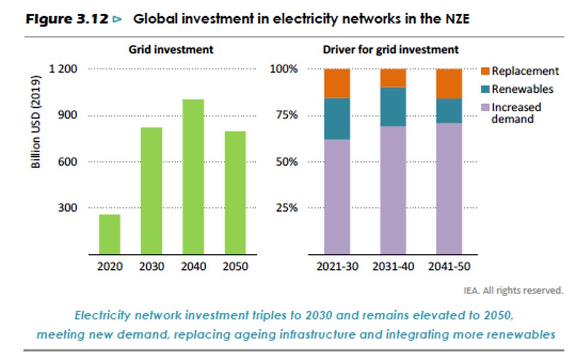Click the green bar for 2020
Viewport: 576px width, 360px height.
pyautogui.click(x=109, y=234)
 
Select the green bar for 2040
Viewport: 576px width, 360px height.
pyautogui.click(x=193, y=176)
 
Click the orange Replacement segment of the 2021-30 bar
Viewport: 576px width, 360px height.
pyautogui.click(x=337, y=83)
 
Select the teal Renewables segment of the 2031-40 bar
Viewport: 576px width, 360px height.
pyautogui.click(x=393, y=106)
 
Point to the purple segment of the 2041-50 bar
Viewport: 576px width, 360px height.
pyautogui.click(x=449, y=188)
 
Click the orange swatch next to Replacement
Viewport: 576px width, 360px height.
pyautogui.click(x=485, y=71)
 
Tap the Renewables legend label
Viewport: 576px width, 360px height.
pyautogui.click(x=522, y=89)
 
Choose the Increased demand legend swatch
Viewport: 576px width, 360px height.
pyautogui.click(x=485, y=108)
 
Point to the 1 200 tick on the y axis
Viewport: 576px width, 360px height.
pyautogui.click(x=63, y=69)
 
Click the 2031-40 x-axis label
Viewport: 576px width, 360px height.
pyautogui.click(x=393, y=266)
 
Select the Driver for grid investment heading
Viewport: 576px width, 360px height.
pyautogui.click(x=391, y=50)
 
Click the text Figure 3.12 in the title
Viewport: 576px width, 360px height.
pyautogui.click(x=66, y=19)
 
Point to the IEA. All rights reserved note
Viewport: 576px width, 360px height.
pyautogui.click(x=513, y=291)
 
